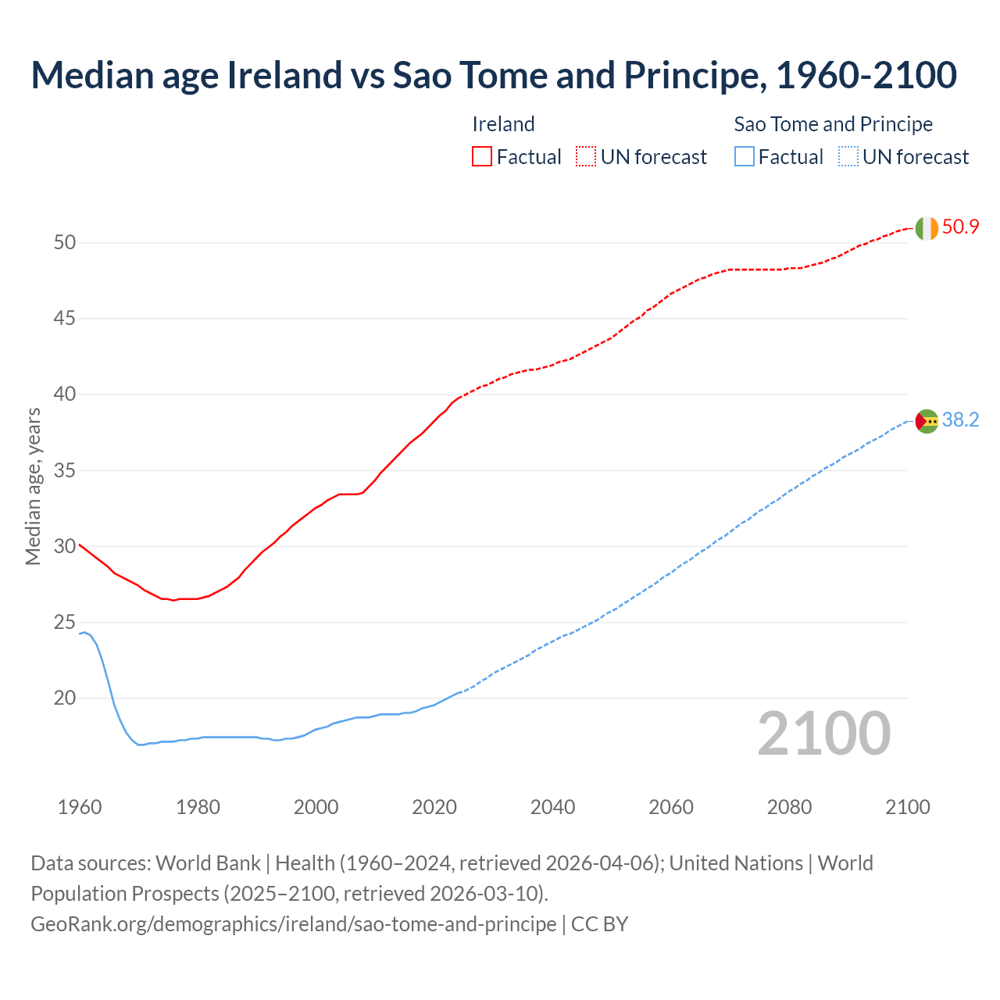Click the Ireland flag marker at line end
pyautogui.click(x=926, y=228)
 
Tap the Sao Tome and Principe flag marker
pyautogui.click(x=926, y=421)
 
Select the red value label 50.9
pyautogui.click(x=960, y=227)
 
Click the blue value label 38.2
pyautogui.click(x=960, y=420)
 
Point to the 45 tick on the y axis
pyautogui.click(x=65, y=319)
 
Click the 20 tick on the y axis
pyautogui.click(x=65, y=698)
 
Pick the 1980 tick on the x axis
pyautogui.click(x=198, y=807)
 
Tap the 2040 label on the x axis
pyautogui.click(x=552, y=807)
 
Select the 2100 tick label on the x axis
pyautogui.click(x=907, y=807)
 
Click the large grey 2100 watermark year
pyautogui.click(x=823, y=734)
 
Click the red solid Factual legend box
pyautogui.click(x=482, y=157)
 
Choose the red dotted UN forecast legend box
pyautogui.click(x=586, y=157)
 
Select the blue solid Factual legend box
pyautogui.click(x=744, y=157)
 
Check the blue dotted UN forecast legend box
pyautogui.click(x=848, y=157)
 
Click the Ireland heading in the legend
pyautogui.click(x=503, y=124)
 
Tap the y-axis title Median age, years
pyautogui.click(x=33, y=486)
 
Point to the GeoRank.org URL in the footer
pyautogui.click(x=293, y=924)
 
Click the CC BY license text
pyautogui.click(x=599, y=924)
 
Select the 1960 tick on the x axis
pyautogui.click(x=80, y=807)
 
